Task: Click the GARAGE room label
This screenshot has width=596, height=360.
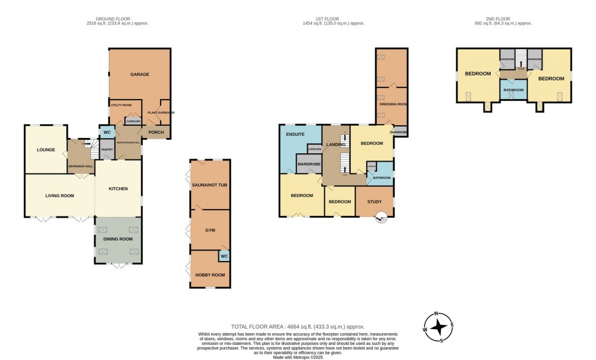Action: point(139,75)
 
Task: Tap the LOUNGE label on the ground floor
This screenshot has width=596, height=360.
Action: point(46,150)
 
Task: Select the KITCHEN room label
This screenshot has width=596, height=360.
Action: point(118,189)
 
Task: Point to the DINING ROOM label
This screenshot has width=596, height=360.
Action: point(118,239)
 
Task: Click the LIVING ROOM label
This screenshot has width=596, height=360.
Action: point(60,195)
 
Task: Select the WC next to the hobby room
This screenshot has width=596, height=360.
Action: point(224,257)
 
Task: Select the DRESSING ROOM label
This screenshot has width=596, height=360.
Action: point(392,104)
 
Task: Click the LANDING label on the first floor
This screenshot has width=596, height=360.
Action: point(336,144)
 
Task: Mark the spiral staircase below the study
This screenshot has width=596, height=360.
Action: point(382,217)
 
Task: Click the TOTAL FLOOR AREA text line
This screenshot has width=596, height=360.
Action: point(297,327)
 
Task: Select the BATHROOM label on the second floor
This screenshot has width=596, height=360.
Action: point(513,89)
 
